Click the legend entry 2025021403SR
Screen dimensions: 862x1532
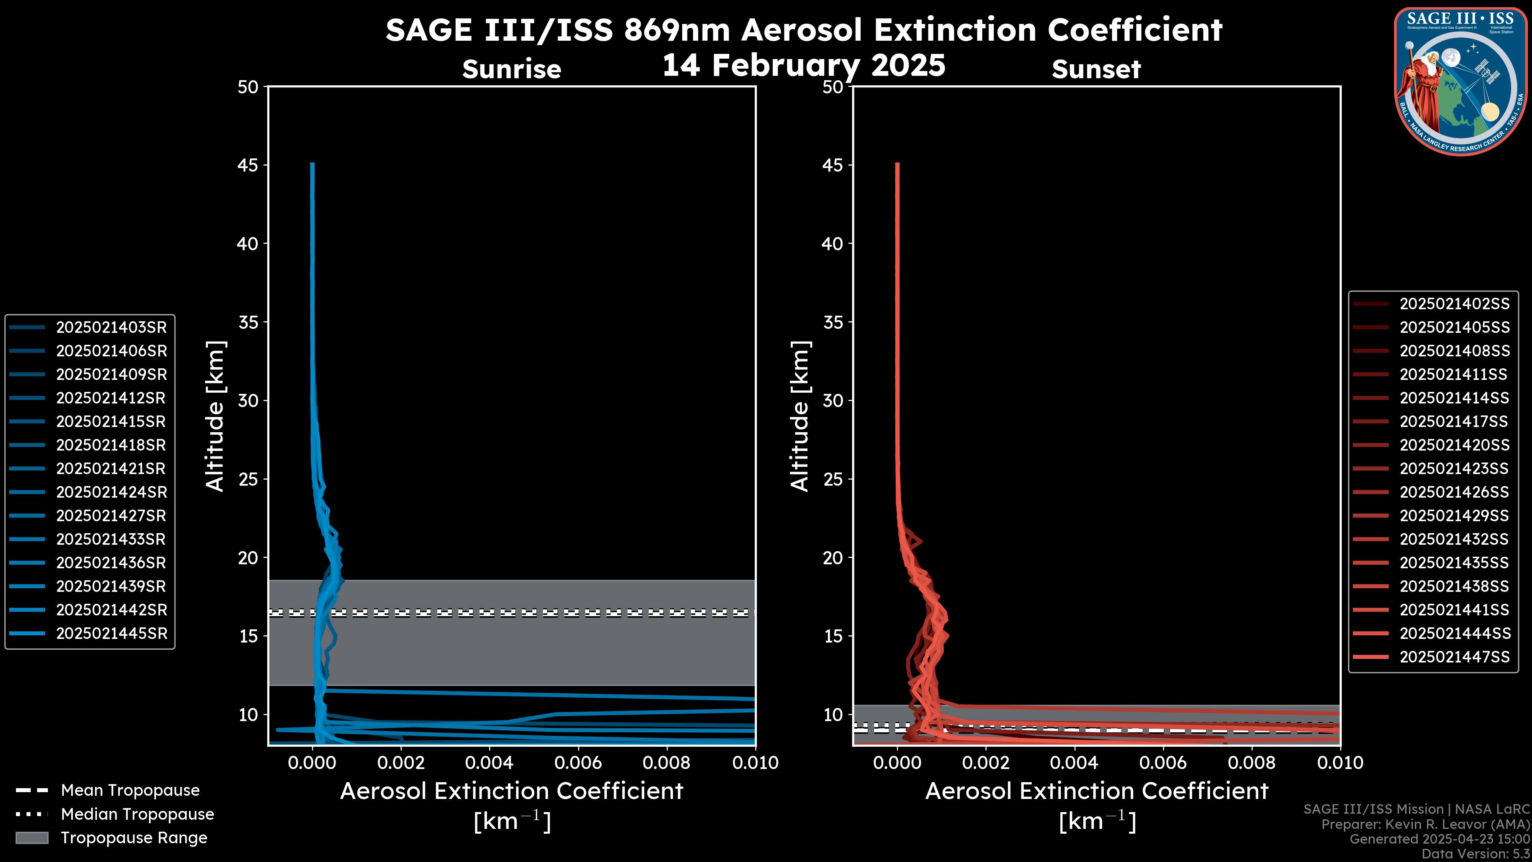click(111, 327)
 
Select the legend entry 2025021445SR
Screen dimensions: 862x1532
click(111, 634)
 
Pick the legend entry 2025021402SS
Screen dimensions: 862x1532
click(1454, 304)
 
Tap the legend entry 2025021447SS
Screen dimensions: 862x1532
click(1454, 657)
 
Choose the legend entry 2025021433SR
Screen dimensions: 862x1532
click(111, 539)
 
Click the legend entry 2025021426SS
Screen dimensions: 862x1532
click(1454, 492)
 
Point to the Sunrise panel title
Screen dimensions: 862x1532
click(511, 69)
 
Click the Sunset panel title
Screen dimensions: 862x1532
click(1096, 69)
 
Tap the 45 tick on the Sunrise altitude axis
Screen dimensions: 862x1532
click(248, 165)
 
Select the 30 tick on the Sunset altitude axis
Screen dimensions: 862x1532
click(833, 400)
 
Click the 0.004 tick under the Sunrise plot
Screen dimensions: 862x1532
click(489, 763)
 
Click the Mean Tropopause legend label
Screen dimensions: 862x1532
click(130, 790)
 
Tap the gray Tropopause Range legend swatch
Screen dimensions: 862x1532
click(32, 838)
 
